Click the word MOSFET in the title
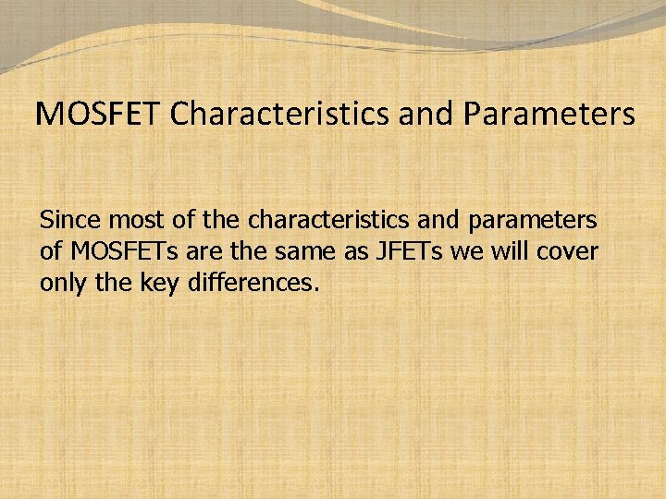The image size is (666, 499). click(100, 115)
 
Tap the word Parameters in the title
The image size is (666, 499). click(549, 115)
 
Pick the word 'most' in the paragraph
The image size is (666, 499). click(126, 222)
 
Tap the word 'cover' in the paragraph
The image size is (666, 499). click(565, 252)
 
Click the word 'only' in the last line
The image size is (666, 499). click(63, 284)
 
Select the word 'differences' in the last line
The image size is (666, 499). click(253, 283)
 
